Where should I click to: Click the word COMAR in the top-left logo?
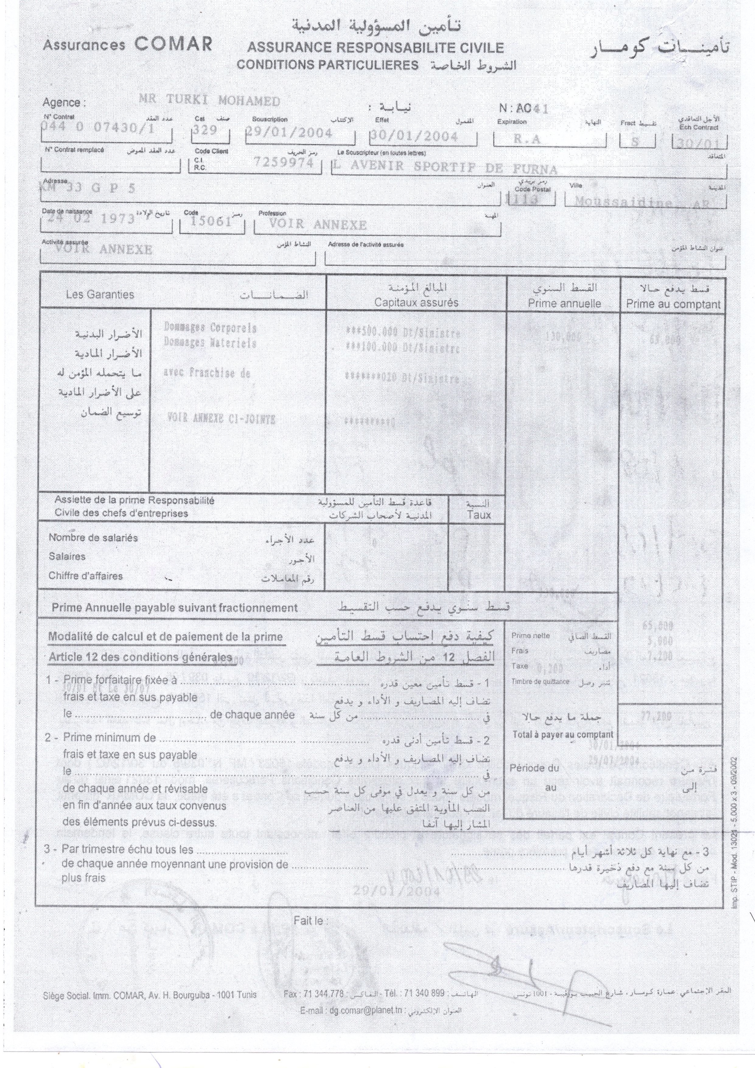(x=173, y=44)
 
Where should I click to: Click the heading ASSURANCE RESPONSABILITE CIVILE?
(x=376, y=47)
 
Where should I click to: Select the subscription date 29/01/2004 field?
(x=289, y=134)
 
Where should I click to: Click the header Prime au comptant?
(x=673, y=305)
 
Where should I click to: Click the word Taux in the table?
(x=479, y=515)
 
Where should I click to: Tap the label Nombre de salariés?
(x=93, y=538)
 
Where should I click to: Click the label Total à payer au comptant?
(x=562, y=734)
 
